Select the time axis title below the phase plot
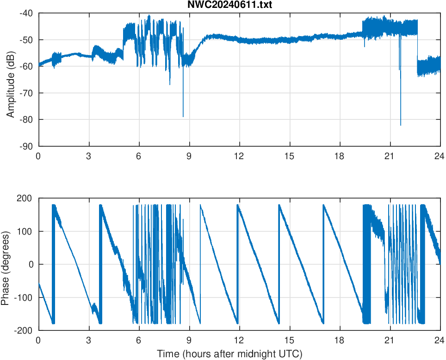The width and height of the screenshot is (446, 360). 229,354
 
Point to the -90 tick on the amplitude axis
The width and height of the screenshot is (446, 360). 26,146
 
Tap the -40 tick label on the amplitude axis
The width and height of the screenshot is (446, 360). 26,13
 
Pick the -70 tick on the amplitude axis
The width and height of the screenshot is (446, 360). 26,93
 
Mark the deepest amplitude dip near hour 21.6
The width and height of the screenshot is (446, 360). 401,125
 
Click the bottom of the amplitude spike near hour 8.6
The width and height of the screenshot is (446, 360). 183,117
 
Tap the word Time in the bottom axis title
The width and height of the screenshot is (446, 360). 167,354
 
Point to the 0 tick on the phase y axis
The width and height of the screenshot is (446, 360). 31,264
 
